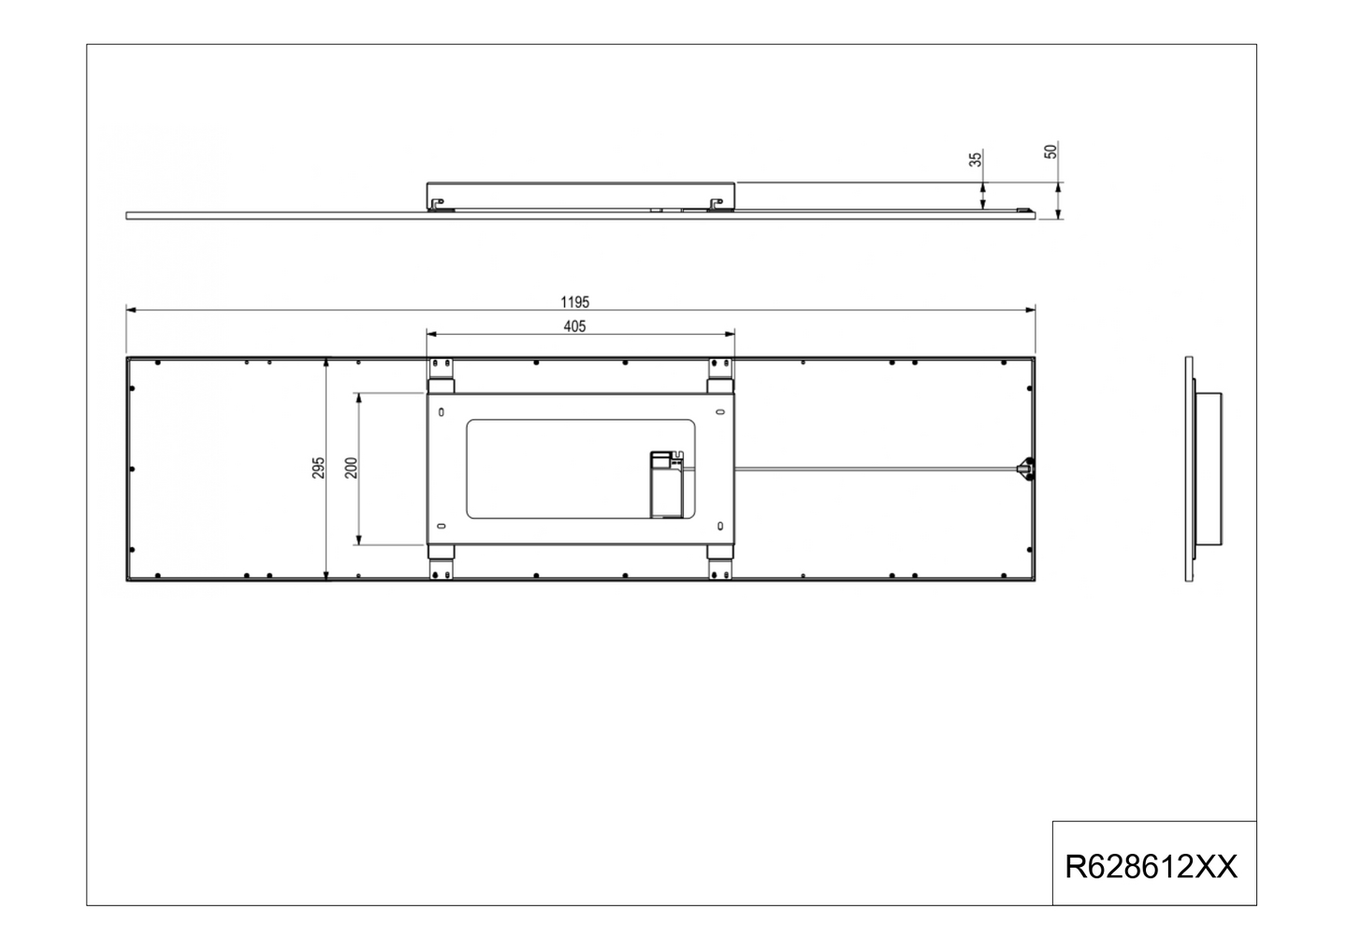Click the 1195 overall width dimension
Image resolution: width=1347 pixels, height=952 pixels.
[574, 301]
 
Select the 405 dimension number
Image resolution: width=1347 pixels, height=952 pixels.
[574, 326]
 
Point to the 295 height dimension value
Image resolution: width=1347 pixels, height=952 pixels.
[318, 468]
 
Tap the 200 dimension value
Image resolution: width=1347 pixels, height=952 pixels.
[351, 468]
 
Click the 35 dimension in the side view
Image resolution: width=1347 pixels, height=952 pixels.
[976, 160]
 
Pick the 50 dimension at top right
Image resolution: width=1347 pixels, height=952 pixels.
[1050, 151]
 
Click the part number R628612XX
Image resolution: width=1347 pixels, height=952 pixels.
[1151, 867]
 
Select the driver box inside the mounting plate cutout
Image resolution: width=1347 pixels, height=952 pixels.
[668, 483]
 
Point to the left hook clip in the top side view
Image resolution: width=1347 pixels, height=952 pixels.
[437, 202]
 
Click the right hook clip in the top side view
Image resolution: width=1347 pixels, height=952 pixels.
[717, 202]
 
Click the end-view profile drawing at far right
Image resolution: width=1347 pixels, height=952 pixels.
[1203, 468]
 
